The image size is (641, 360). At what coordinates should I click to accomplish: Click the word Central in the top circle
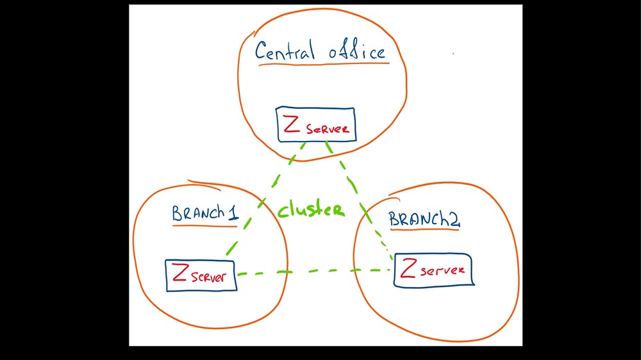click(x=285, y=51)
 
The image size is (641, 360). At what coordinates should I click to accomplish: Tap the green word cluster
click(x=312, y=209)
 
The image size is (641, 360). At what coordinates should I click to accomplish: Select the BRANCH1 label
click(x=205, y=213)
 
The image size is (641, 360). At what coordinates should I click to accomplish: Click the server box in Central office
click(x=315, y=125)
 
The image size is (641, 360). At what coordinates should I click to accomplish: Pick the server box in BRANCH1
click(x=200, y=275)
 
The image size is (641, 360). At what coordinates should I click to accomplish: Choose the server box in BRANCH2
click(x=433, y=270)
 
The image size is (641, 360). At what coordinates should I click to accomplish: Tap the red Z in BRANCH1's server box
click(x=180, y=275)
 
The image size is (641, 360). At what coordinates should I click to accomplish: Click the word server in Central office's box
click(x=328, y=129)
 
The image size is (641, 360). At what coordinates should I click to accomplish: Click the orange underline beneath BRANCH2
click(x=425, y=229)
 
